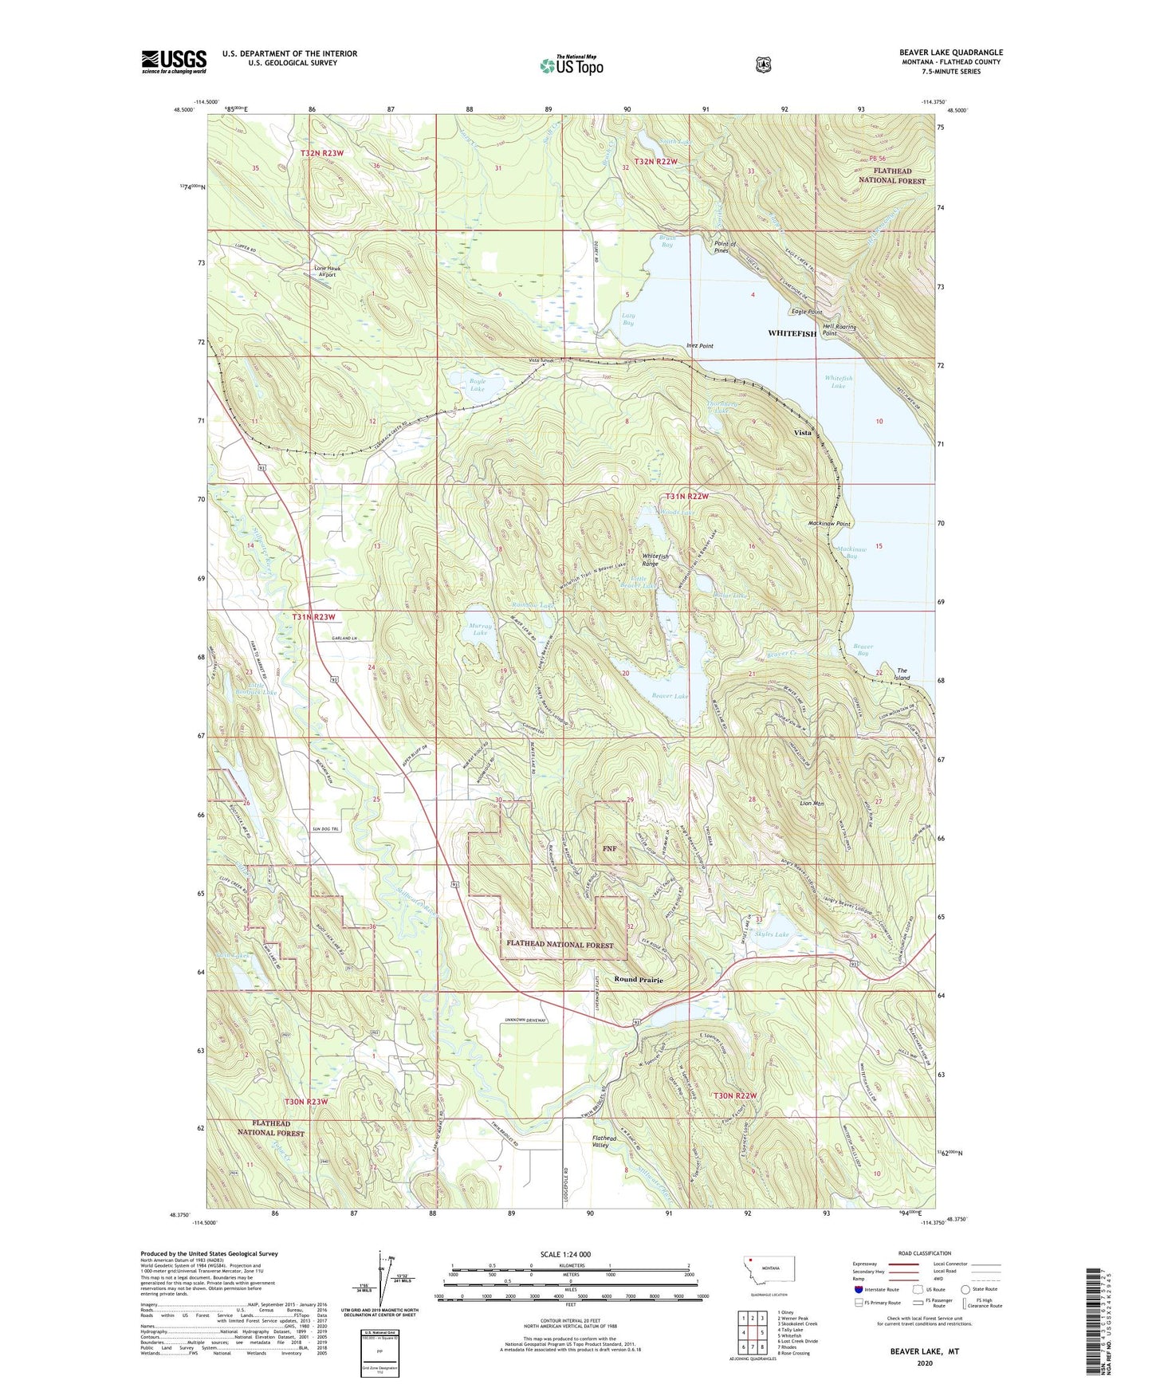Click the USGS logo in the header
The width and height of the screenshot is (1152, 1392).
point(174,61)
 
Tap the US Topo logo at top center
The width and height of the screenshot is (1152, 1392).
point(571,65)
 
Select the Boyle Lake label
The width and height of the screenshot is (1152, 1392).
point(477,385)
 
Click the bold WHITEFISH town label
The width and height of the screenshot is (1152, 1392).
point(792,333)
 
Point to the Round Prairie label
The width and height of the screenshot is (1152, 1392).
point(639,979)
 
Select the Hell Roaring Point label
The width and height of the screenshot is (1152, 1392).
point(840,330)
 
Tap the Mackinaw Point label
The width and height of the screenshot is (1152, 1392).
point(829,524)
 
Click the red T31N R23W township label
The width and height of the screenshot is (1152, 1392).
point(313,617)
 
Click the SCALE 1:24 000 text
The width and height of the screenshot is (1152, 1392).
point(565,1254)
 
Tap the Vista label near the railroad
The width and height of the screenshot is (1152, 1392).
point(802,433)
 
